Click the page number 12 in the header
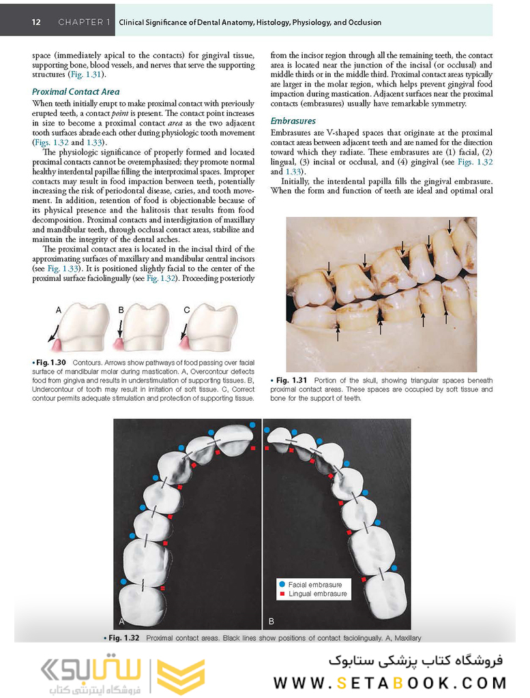click(35, 22)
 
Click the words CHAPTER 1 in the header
click(84, 22)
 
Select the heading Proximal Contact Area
click(76, 91)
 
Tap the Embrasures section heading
click(293, 121)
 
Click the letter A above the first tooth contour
click(59, 310)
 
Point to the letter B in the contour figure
click(121, 310)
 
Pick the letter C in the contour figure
click(186, 310)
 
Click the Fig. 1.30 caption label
click(51, 362)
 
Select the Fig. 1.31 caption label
click(289, 380)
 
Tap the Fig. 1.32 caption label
click(123, 638)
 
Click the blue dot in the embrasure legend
click(281, 584)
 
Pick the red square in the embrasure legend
click(281, 594)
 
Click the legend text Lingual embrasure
click(317, 594)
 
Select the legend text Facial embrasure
click(315, 584)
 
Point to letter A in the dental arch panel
click(121, 621)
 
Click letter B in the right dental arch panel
click(271, 621)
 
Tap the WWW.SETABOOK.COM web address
click(390, 682)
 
